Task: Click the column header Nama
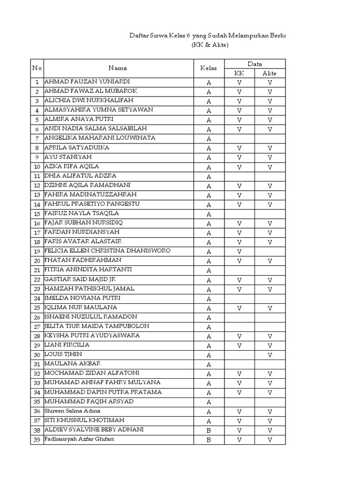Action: click(x=118, y=68)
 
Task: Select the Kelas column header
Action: click(x=209, y=68)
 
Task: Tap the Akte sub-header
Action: click(x=270, y=73)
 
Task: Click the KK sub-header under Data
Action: click(x=239, y=73)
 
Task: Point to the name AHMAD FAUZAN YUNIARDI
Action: click(x=87, y=82)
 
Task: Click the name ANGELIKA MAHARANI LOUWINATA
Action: click(x=99, y=138)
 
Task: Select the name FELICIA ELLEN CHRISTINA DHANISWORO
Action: click(x=107, y=251)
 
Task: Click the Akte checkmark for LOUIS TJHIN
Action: click(x=270, y=355)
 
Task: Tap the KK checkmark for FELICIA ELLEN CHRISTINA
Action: click(x=239, y=252)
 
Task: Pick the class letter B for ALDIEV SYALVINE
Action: click(x=209, y=430)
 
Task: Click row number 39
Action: click(x=37, y=440)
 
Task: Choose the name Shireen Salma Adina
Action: click(x=72, y=411)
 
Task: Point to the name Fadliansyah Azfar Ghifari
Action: click(x=79, y=439)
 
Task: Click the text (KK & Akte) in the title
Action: click(x=210, y=45)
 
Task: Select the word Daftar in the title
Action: click(x=138, y=36)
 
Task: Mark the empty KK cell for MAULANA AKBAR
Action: click(x=239, y=364)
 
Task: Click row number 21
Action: click(x=37, y=270)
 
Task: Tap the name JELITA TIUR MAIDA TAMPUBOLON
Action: click(x=97, y=326)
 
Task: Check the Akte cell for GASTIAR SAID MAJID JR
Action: click(x=270, y=280)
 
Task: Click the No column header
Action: click(x=37, y=68)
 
